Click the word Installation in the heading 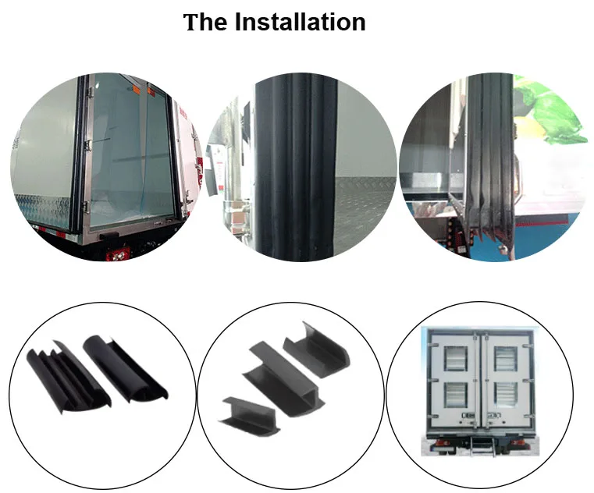(300, 22)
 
